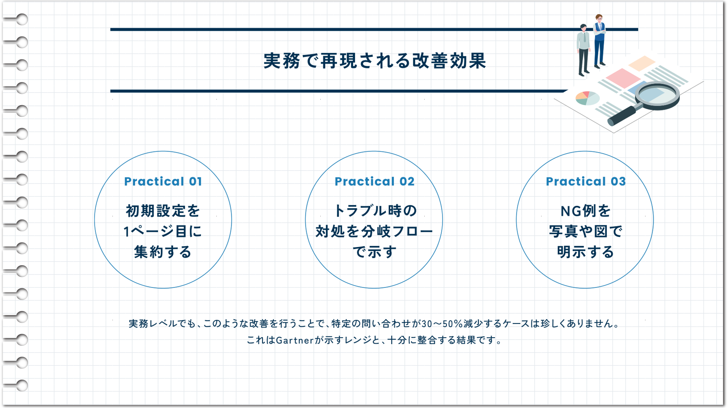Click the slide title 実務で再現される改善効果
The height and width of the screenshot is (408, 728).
375,61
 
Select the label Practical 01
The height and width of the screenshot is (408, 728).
163,182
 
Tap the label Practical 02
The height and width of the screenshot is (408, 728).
375,182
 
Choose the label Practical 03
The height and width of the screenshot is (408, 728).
586,182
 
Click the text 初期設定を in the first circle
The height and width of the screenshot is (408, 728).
163,211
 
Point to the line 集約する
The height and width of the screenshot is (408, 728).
163,252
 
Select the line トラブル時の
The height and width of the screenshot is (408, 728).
375,211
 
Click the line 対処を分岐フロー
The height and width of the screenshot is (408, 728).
375,231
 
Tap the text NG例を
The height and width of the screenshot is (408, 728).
586,211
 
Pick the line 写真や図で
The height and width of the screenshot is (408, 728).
586,231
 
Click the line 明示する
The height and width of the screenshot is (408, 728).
586,252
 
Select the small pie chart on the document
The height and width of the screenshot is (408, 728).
587,98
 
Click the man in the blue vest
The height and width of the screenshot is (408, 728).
599,40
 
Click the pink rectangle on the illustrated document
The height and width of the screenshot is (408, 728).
623,77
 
